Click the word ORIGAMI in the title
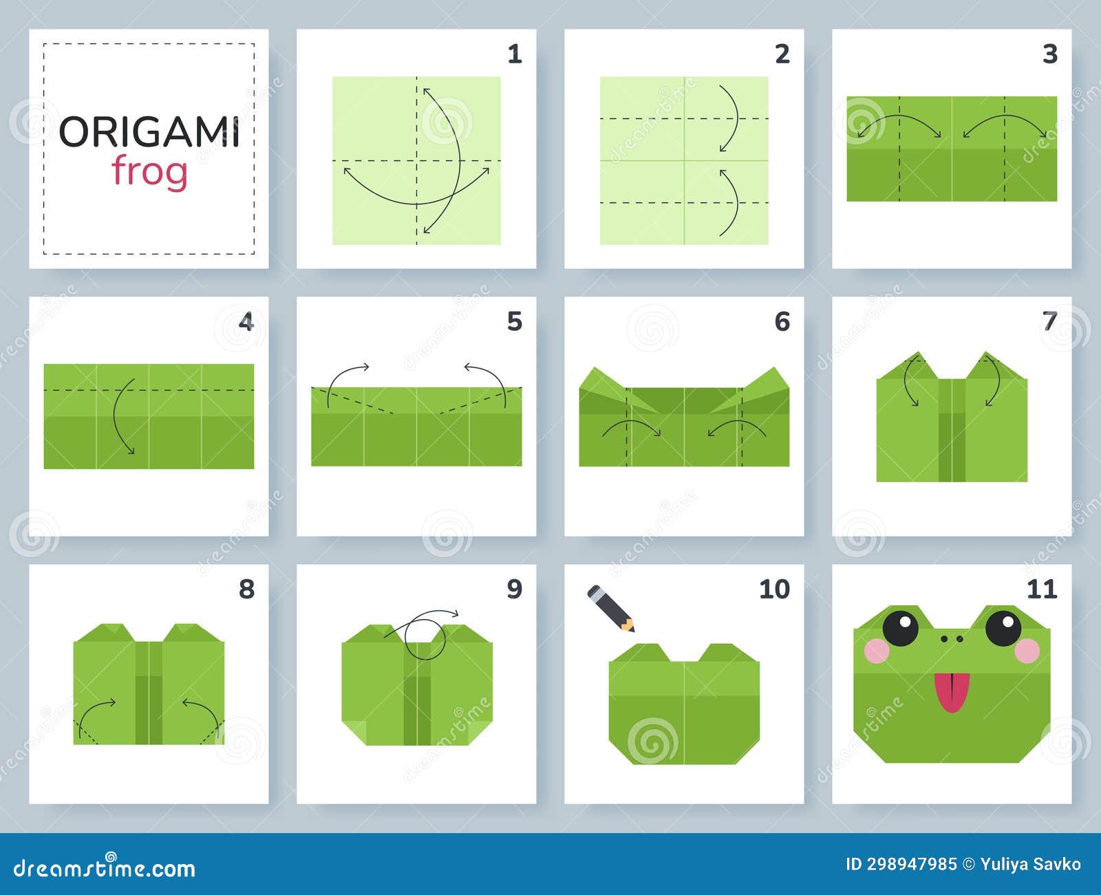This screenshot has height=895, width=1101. (149, 132)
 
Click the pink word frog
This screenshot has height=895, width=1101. (149, 171)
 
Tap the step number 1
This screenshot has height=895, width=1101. (515, 54)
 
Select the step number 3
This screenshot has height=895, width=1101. (1049, 54)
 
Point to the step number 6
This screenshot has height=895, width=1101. (782, 321)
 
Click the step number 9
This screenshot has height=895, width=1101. (515, 589)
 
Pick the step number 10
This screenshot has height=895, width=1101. (774, 589)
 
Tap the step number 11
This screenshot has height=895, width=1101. (1041, 589)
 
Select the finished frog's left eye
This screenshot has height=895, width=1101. (900, 627)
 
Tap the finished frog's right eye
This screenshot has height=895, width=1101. (1003, 627)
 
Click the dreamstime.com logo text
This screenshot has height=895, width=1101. (105, 868)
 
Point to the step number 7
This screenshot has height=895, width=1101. (1049, 321)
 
